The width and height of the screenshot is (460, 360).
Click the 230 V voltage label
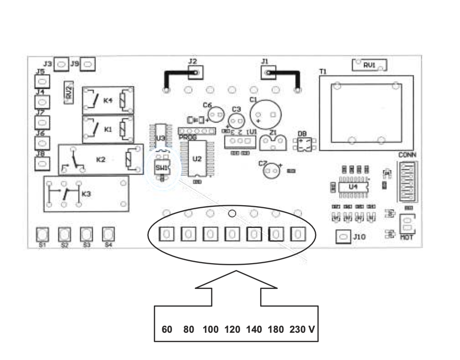tap(303, 330)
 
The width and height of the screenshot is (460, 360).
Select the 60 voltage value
tap(167, 330)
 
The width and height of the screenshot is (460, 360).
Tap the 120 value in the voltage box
tap(233, 330)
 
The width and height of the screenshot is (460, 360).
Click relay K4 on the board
tap(108, 100)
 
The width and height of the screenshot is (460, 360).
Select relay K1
tap(108, 129)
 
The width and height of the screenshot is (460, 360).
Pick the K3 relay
tap(85, 193)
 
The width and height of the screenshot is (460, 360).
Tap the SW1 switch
tap(162, 167)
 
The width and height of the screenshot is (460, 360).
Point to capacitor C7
tap(272, 171)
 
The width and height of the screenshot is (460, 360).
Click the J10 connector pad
tap(343, 236)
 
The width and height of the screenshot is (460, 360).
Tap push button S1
tap(42, 234)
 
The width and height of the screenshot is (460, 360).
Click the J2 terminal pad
tap(196, 73)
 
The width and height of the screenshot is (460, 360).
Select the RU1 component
tap(369, 65)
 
